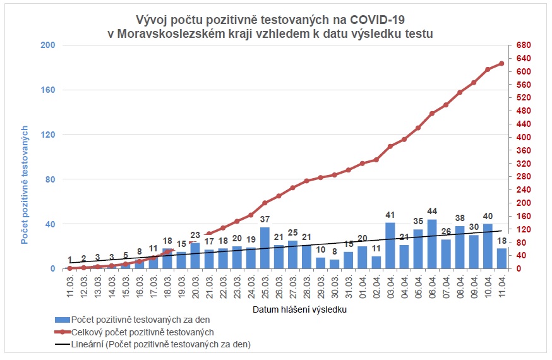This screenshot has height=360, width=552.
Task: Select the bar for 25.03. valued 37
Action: (265, 248)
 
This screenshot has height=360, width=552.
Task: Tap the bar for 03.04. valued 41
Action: (390, 246)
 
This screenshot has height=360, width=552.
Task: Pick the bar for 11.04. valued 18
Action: (501, 258)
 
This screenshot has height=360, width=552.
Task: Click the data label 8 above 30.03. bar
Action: (335, 251)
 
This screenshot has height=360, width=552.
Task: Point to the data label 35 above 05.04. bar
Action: (418, 222)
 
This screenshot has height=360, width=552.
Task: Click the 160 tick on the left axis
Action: (49, 90)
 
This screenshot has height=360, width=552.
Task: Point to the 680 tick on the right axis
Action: (523, 45)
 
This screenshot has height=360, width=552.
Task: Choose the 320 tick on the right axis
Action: (523, 164)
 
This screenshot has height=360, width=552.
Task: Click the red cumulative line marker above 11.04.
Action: (501, 63)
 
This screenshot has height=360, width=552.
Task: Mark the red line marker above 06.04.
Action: (432, 114)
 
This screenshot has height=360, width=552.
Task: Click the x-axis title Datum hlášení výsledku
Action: (299, 310)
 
